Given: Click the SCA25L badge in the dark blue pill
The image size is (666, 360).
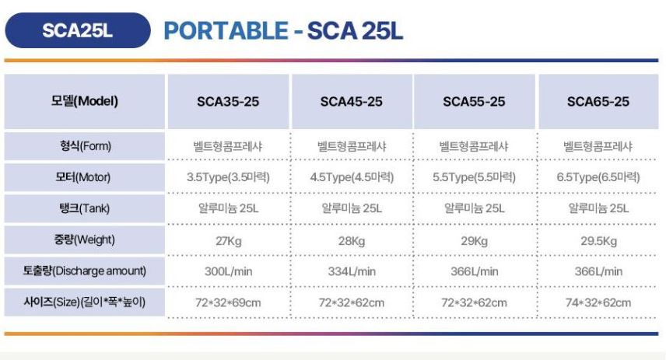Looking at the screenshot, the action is pos(78,30).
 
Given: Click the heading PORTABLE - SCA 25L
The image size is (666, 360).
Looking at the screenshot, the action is pos(283,30).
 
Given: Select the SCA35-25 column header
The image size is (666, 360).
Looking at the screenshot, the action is pos(228,101).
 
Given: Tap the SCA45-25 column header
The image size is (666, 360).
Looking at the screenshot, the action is pos(352,101).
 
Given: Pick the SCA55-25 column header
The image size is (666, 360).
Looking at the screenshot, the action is pos(474,101).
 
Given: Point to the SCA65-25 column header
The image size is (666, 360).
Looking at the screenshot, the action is pos(598,101).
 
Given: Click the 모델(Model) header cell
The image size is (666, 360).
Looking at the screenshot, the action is pos(85,101).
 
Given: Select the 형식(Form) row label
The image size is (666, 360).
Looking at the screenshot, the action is pos(85,146).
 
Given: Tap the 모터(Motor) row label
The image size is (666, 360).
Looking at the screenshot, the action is pos(85,177).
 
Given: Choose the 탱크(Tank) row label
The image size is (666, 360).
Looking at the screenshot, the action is pos(85,208).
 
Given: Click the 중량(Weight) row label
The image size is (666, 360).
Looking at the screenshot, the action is pos(85,239).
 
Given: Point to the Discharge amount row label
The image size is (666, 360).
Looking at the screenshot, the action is pos(85,271).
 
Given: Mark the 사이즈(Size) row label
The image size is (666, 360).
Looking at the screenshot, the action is pos(85,302).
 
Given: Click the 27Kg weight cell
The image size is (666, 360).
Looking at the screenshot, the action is pos(229,241).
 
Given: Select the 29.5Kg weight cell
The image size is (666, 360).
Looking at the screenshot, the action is pos(598,241).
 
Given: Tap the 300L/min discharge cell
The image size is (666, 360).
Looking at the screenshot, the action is pos(229,271).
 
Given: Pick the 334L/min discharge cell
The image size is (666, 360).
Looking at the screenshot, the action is pos(352,271).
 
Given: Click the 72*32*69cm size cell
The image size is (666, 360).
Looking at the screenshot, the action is pos(228,302).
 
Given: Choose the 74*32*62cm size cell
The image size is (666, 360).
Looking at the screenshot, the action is pos(598,302).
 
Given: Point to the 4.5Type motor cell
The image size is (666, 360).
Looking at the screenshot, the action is pos(352,177).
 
